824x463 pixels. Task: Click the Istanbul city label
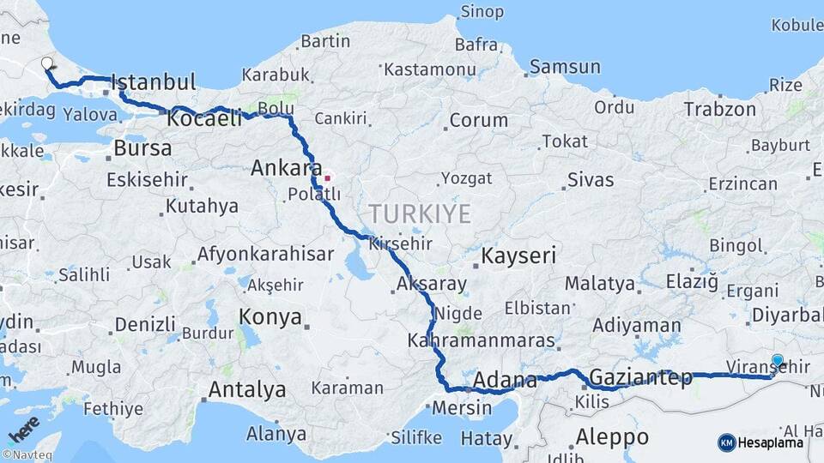click(154, 82)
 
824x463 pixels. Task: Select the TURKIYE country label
click(420, 213)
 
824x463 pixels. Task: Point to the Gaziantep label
click(640, 376)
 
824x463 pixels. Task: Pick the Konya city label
click(270, 316)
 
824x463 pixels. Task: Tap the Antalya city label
click(247, 390)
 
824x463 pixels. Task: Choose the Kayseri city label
click(518, 256)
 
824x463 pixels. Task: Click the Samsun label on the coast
click(565, 67)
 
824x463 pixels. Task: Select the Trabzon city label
click(719, 109)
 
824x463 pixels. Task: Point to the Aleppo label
click(611, 436)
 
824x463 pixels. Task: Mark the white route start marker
click(47, 63)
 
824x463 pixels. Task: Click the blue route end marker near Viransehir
click(778, 361)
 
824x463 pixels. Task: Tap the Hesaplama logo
click(760, 442)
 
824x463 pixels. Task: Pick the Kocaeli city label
click(204, 119)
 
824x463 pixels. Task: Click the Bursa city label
click(142, 148)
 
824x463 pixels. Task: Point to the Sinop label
click(482, 11)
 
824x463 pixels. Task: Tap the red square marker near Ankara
click(327, 178)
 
